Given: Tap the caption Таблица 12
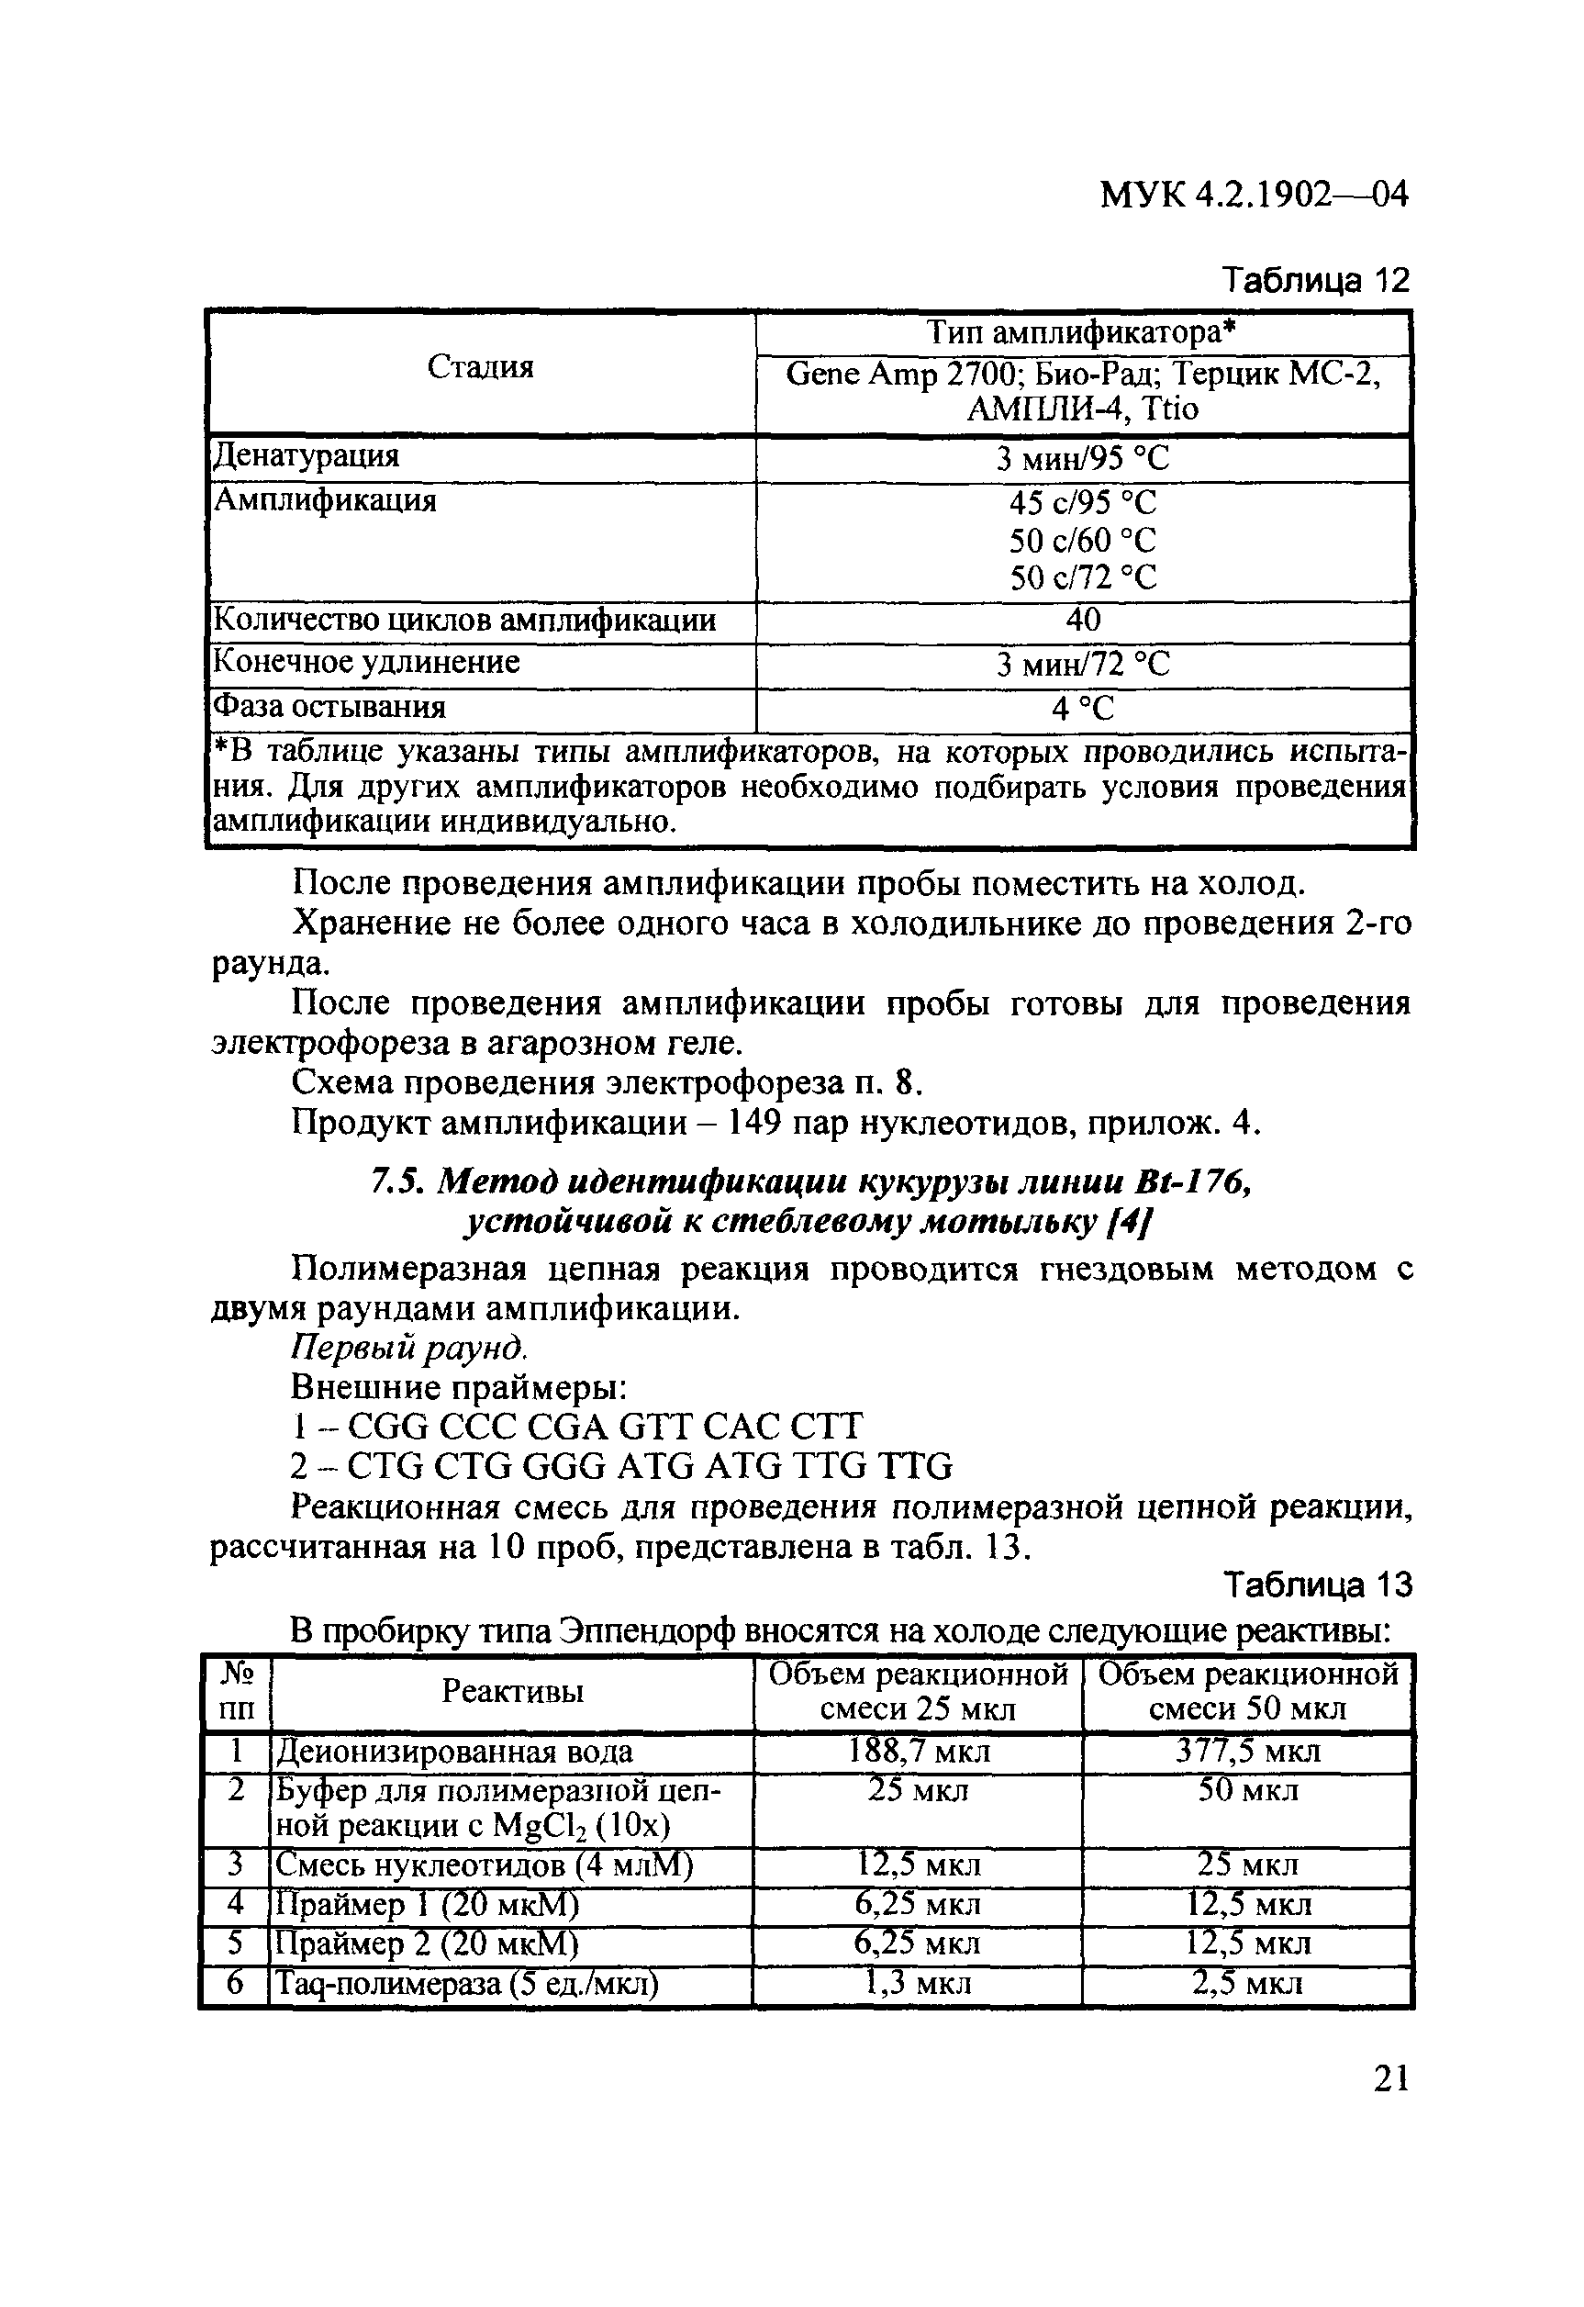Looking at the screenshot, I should click(x=1314, y=281).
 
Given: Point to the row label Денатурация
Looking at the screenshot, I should click(x=307, y=456).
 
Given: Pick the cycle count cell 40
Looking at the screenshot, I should click(x=1083, y=621).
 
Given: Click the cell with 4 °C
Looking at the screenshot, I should click(x=1083, y=709).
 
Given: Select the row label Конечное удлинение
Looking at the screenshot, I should click(x=367, y=662).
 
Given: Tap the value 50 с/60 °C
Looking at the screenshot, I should click(x=1083, y=541).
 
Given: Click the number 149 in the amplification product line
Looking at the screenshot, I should click(x=760, y=1124).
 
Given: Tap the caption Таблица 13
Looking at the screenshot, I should click(x=1316, y=1586).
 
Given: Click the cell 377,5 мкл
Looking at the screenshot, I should click(x=1247, y=1751).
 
